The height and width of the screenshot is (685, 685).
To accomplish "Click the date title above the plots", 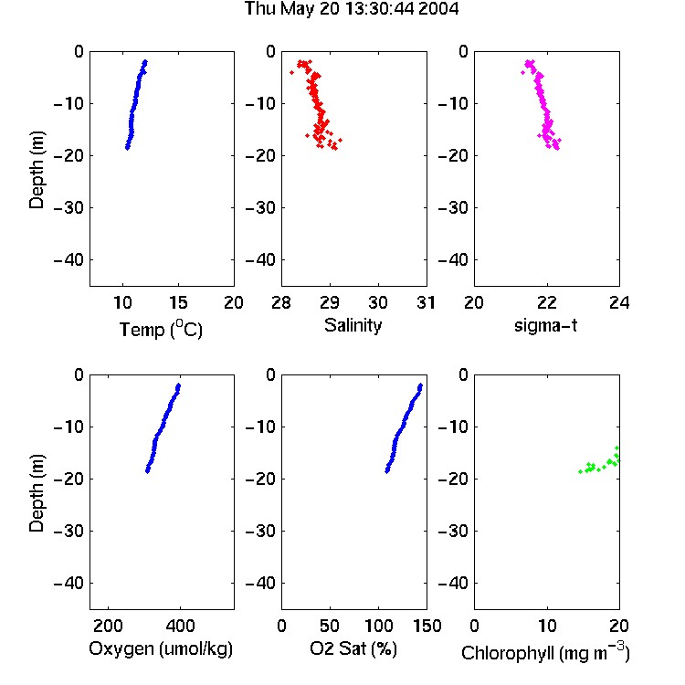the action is click(352, 8).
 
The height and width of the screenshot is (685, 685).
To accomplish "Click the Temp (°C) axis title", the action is click(161, 329).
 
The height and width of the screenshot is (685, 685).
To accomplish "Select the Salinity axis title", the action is click(353, 325).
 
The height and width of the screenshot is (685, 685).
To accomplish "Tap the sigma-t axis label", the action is click(545, 325).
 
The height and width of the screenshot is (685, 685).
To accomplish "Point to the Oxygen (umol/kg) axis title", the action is click(161, 648).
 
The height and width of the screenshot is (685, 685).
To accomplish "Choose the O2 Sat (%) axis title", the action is click(353, 648).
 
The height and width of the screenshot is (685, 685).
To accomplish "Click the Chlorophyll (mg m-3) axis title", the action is click(545, 652).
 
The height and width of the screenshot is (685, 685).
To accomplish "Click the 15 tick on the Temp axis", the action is click(178, 302).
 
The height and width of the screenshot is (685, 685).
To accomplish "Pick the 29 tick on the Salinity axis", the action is click(330, 302).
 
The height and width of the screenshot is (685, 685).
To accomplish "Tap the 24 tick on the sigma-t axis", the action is click(619, 302).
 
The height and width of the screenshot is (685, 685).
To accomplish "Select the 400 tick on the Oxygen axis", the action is click(181, 626).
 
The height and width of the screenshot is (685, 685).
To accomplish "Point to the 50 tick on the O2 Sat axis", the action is click(330, 626).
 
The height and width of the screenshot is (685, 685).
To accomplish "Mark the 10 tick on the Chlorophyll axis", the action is click(547, 626).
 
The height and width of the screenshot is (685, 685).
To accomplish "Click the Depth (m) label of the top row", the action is click(37, 170).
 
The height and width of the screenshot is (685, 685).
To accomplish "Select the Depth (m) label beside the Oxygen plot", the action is click(37, 493).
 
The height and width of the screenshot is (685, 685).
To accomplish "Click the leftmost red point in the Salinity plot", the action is click(292, 72).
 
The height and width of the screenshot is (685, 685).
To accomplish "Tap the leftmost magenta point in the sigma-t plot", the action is click(523, 72).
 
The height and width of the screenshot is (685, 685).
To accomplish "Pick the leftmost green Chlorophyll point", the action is click(581, 471).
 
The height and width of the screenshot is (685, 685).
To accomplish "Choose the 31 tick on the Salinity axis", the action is click(426, 302).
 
